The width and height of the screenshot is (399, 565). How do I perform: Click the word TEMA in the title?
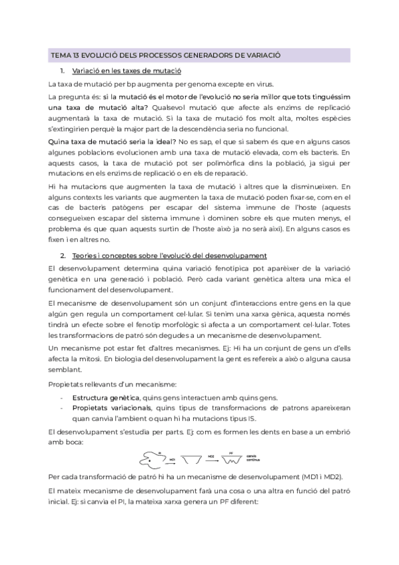[59, 56]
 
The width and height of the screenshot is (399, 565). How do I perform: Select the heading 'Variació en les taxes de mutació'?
[127, 71]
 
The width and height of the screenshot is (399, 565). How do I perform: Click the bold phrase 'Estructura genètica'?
[102, 397]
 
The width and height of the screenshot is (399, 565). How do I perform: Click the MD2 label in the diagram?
[210, 455]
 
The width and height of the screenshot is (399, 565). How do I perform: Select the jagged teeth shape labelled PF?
[232, 459]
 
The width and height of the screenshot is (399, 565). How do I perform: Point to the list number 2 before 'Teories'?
[62, 255]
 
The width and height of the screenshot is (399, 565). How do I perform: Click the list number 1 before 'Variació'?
[62, 71]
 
